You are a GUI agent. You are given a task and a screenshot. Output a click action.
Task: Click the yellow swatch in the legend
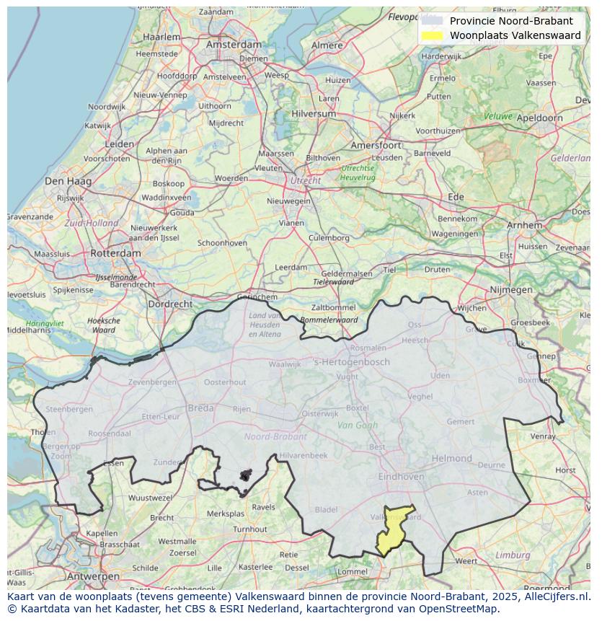click(433, 35)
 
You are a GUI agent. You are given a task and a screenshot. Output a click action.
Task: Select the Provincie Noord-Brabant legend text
click(511, 21)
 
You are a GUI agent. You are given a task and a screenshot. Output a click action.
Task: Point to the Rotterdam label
click(115, 254)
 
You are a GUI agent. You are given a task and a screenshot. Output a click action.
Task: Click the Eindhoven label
click(401, 477)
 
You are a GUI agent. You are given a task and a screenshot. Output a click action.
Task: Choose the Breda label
click(200, 408)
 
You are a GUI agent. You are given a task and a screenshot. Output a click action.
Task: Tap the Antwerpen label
click(92, 577)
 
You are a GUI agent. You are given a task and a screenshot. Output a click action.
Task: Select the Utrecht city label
click(305, 181)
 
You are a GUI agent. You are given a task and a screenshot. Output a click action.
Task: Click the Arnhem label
click(524, 225)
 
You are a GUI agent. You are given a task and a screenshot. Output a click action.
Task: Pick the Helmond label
click(451, 459)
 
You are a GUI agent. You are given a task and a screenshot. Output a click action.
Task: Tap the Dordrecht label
click(170, 304)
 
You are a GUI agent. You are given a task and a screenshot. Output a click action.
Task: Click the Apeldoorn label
click(540, 118)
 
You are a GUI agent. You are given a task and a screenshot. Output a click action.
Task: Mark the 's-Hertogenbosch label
click(352, 362)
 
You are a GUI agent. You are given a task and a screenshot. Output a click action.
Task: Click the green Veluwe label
click(497, 116)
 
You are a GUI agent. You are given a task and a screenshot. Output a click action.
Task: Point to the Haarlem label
click(161, 37)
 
